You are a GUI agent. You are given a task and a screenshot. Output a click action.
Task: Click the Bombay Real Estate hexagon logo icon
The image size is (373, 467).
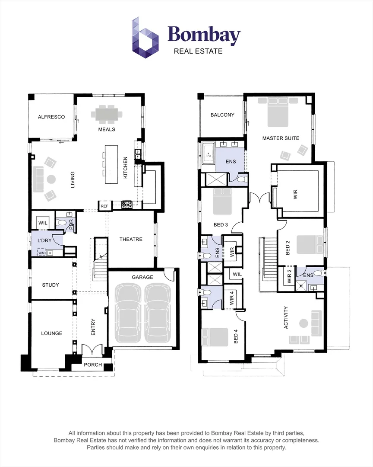(145, 38)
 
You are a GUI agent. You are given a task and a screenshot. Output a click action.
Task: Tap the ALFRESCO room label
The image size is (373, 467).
(51, 117)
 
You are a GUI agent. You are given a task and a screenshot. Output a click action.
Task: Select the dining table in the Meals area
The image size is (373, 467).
(106, 115)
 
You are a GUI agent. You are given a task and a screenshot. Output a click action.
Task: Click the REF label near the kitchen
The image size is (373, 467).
(104, 206)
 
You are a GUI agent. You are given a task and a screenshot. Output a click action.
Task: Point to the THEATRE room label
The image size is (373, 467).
(131, 239)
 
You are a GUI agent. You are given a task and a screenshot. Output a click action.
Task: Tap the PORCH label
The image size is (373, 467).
(93, 365)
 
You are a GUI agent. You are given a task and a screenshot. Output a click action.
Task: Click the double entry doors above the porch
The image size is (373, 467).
(92, 349)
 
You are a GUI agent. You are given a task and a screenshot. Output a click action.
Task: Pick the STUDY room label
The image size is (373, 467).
(51, 285)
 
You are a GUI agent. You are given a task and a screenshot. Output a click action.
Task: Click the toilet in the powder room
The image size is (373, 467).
(62, 223)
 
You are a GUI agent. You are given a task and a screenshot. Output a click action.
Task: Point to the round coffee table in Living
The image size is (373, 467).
(51, 179)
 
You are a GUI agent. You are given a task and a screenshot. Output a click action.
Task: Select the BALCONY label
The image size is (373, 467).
(222, 115)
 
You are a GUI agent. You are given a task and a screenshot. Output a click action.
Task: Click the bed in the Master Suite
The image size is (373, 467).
(278, 112)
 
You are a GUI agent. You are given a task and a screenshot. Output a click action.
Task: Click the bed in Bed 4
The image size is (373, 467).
(215, 337)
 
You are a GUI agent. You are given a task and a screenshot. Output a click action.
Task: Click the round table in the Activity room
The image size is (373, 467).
(304, 323)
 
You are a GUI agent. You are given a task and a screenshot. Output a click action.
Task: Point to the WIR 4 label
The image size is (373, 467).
(232, 299)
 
